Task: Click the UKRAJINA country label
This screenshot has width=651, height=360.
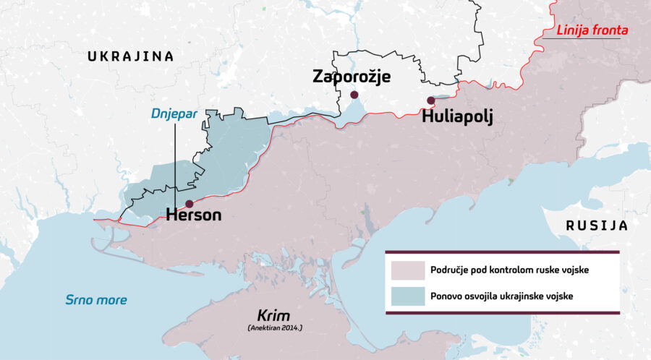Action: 130,56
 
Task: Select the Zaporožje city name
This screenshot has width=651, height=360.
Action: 352,76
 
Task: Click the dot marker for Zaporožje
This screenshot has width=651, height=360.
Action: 354,95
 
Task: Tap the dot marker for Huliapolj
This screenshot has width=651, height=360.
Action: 430,100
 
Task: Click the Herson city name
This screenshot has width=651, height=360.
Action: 193,215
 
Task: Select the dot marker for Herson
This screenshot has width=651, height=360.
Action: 190,204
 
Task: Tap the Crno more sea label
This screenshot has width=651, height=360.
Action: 96,300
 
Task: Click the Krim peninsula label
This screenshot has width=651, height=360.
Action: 274,315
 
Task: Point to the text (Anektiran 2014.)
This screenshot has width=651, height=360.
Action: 274,328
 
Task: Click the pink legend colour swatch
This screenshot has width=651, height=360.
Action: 406,270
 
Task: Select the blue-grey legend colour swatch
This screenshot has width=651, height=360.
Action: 406,296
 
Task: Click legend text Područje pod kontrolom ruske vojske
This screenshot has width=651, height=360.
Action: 509,270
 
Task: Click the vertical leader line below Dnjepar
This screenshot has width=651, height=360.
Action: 175,166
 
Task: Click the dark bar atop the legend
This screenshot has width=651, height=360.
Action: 502,252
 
